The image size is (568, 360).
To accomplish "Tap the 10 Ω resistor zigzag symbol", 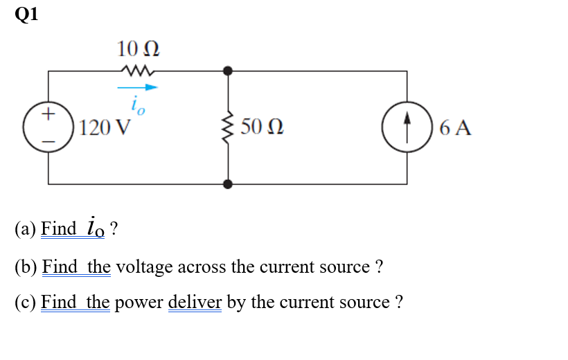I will click(x=139, y=70).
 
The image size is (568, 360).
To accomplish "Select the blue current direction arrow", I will click(x=137, y=88).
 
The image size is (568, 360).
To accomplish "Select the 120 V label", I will click(x=105, y=128).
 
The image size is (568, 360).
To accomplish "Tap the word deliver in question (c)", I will click(x=195, y=303).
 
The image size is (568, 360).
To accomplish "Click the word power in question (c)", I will click(x=139, y=303).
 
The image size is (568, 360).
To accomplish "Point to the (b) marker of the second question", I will click(x=26, y=267).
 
